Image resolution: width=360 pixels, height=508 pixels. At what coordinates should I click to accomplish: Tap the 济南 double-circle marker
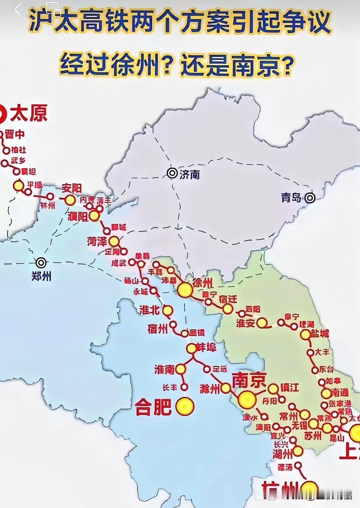click(x=172, y=173)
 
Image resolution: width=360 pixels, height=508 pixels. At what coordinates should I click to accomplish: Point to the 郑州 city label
click(x=41, y=276)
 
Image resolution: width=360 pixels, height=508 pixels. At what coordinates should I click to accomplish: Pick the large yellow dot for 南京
click(x=247, y=400)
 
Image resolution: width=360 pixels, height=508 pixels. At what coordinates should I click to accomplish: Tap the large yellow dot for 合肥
click(x=185, y=407)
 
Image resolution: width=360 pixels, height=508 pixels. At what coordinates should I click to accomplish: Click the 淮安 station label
click(x=245, y=323)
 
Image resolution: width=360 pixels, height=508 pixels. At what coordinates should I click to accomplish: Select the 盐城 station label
click(x=320, y=333)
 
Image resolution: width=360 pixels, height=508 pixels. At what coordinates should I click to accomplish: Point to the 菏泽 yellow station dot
click(x=114, y=241)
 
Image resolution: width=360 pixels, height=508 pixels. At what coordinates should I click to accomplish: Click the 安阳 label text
click(x=72, y=189)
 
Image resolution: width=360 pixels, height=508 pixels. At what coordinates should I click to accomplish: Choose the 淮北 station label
click(x=149, y=310)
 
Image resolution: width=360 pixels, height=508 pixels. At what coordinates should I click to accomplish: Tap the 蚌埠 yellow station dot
click(x=192, y=348)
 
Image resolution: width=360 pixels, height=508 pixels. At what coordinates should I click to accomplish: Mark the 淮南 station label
click(x=164, y=369)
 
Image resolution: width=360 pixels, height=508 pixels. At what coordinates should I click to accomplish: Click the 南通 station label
click(x=340, y=393)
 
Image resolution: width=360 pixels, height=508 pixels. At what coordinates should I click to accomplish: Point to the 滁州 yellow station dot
click(x=226, y=388)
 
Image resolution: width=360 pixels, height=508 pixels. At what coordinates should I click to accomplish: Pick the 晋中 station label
click(x=15, y=135)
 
